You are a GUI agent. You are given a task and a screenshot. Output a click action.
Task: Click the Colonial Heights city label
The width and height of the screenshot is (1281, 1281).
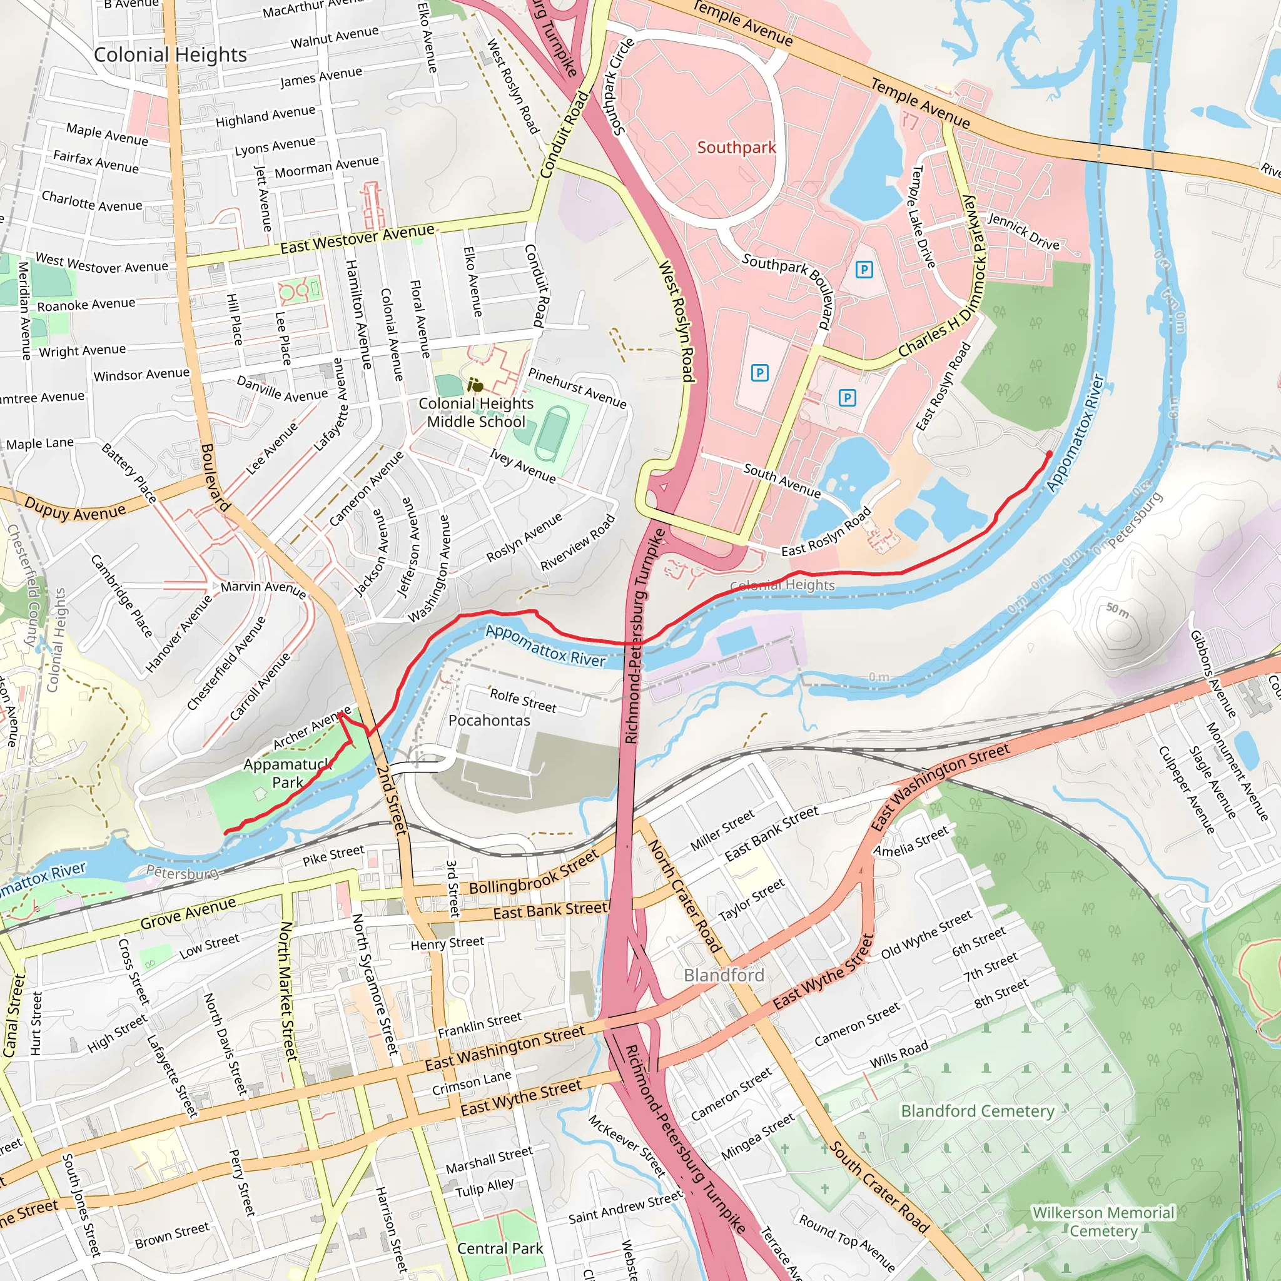point(170,54)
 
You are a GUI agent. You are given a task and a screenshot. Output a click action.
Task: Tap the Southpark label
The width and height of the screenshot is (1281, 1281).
point(736,147)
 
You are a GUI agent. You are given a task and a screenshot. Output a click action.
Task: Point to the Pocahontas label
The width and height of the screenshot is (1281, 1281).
point(489,720)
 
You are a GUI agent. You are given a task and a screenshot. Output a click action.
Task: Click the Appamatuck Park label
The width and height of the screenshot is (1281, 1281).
point(287,773)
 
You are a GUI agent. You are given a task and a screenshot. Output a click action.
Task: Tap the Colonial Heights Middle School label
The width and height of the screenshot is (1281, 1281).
point(476,412)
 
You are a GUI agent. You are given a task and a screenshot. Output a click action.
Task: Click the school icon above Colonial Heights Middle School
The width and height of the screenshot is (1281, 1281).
point(475,385)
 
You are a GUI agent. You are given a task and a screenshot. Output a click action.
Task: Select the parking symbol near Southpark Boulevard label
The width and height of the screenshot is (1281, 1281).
point(864,269)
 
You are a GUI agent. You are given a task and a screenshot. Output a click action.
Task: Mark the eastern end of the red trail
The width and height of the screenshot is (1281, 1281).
point(1049,454)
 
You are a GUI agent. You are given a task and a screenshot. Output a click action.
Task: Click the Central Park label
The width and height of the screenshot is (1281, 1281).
point(500,1248)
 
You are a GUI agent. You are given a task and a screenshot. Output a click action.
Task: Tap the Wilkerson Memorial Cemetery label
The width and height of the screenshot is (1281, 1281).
point(1103,1222)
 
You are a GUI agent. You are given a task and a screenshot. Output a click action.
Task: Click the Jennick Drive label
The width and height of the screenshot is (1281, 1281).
point(1024,231)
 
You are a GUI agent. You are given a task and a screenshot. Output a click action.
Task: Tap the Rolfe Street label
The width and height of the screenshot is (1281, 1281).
point(523,700)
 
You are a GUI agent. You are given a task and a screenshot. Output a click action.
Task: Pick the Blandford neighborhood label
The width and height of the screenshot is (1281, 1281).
point(724,975)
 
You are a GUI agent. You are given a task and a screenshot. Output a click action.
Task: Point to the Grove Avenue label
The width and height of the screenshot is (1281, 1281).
point(188,913)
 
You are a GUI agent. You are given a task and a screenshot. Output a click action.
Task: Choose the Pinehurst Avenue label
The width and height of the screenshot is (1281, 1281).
point(577,388)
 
